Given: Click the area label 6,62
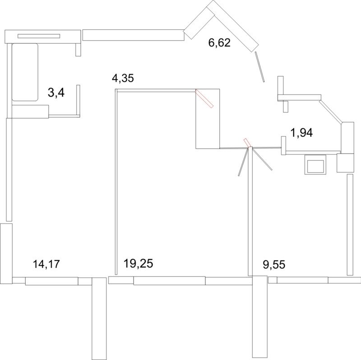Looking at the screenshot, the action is [x=219, y=43].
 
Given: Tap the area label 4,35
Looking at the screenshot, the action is [x=123, y=78].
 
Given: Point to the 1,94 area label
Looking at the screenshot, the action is [x=302, y=133].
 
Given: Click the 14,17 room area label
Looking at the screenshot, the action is [x=46, y=264].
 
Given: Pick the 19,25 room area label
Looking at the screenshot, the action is [x=138, y=263].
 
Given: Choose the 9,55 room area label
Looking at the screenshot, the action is [x=274, y=265].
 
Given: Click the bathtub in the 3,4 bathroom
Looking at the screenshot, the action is [x=25, y=72].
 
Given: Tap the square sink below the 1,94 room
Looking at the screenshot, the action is [x=315, y=164].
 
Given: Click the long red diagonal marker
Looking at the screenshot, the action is [x=204, y=98].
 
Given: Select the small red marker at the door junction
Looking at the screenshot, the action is [x=247, y=143].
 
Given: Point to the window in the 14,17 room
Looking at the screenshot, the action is [x=51, y=281].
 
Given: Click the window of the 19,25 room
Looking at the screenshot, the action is [x=170, y=281].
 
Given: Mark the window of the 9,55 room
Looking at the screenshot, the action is [x=302, y=280].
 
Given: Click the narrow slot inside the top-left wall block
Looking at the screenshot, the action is [x=39, y=36].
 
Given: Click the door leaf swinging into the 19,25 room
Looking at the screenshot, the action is [x=244, y=162].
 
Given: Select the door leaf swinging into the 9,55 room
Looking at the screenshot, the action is [x=263, y=159].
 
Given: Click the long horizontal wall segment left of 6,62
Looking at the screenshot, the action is [x=133, y=35].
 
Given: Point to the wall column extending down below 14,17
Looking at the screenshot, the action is [x=99, y=318].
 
